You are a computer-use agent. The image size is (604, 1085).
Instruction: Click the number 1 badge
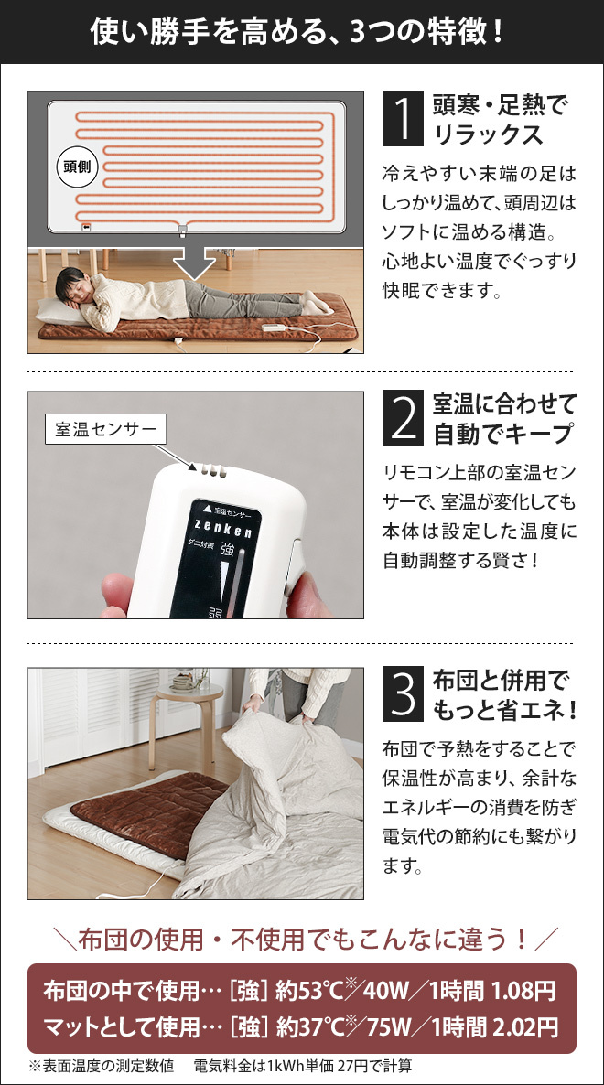tap(402, 117)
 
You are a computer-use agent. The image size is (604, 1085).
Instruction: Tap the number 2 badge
tap(402, 417)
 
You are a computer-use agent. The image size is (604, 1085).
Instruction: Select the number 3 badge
tap(402, 694)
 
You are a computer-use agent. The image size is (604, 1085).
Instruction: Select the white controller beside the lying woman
tap(275, 328)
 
